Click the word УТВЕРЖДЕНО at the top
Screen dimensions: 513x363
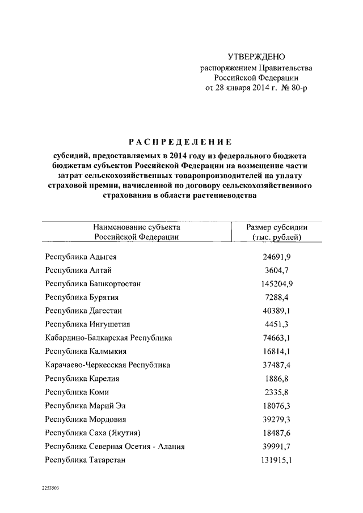point(256,57)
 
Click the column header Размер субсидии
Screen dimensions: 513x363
point(277,227)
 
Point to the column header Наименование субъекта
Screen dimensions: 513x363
point(136,227)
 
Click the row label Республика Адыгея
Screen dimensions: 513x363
point(81,257)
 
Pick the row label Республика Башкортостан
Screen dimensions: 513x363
point(93,284)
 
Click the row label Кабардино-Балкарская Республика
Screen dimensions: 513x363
point(108,338)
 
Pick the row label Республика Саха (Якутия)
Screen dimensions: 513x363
point(93,433)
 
